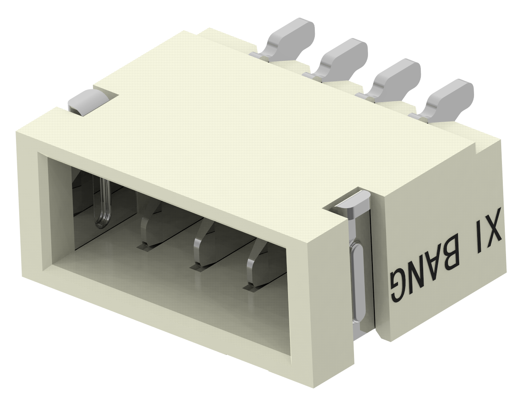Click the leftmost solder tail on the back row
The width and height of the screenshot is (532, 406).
pyautogui.click(x=288, y=39)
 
